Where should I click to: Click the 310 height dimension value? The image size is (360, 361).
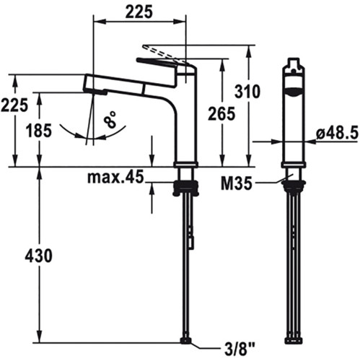pos(247,92)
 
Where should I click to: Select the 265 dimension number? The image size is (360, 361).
pos(221,113)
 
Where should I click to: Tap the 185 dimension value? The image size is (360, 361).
pos(39,131)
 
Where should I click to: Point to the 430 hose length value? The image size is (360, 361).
pos(38,256)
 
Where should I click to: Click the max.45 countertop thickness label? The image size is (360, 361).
pos(115,178)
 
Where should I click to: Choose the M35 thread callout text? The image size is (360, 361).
pos(237,183)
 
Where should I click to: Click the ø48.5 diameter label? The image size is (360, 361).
pos(337,133)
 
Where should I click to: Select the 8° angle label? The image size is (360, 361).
pos(110,119)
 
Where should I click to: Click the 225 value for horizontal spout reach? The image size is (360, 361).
pos(139,12)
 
